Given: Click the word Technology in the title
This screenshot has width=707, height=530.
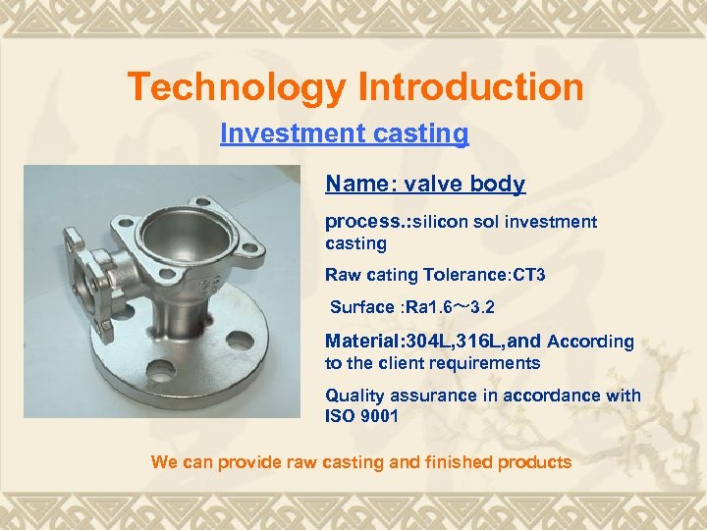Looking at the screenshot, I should [x=237, y=87].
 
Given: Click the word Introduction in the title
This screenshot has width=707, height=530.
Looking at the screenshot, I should [x=470, y=87].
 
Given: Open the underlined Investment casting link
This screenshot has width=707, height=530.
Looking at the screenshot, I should [x=344, y=132].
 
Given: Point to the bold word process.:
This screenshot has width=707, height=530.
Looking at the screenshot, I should [x=367, y=222].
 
